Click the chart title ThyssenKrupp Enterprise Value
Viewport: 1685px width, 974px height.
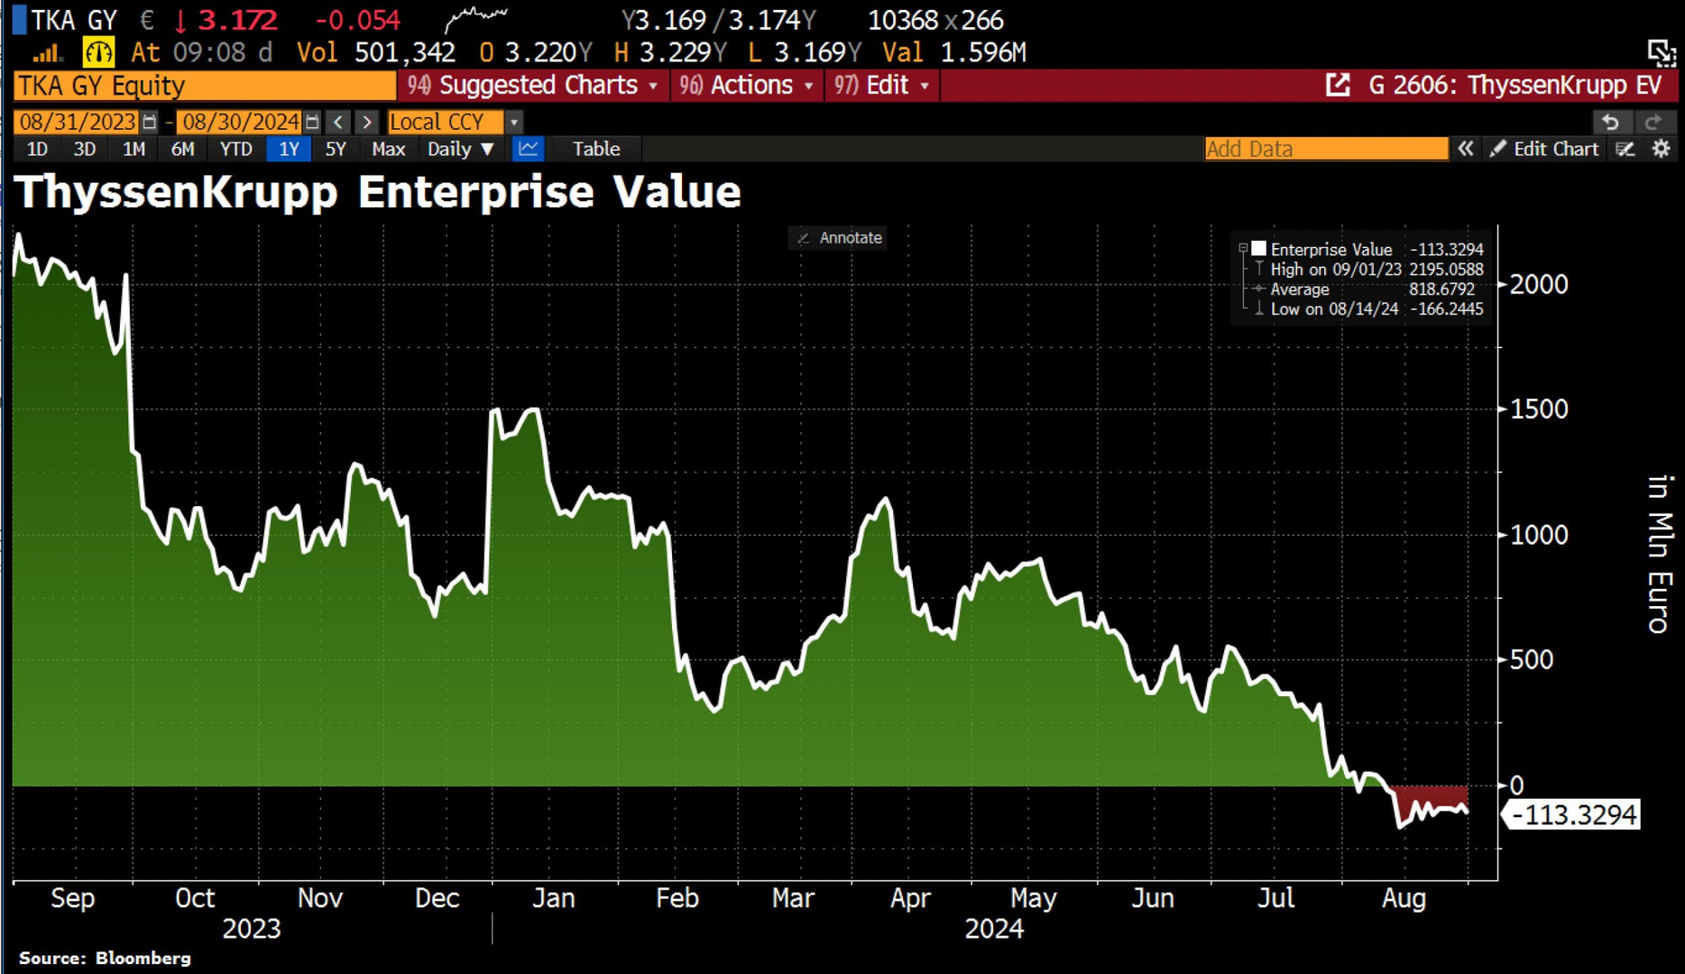(377, 192)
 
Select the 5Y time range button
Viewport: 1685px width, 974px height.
(336, 149)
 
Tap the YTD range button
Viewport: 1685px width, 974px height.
(236, 149)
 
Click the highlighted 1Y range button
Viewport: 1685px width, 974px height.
(289, 149)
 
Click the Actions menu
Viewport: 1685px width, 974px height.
(749, 86)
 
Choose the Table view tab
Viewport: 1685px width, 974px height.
(596, 149)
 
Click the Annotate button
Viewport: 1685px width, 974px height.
(839, 238)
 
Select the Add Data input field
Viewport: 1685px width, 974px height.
(1325, 149)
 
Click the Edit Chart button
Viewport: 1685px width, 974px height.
(1544, 149)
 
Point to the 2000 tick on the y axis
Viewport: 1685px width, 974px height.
(1538, 285)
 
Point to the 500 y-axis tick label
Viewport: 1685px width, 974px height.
(1531, 660)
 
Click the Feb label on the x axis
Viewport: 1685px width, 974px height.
(677, 898)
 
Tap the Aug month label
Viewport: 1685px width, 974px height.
(1404, 898)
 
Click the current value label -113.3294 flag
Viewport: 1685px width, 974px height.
(1572, 815)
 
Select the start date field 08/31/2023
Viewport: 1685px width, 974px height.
(78, 122)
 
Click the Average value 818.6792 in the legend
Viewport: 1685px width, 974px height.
(1441, 289)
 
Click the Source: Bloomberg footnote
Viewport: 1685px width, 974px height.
(105, 958)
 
